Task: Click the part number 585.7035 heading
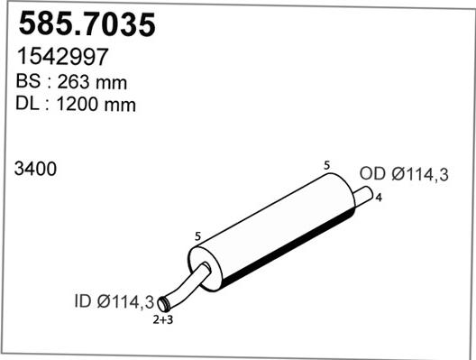click(x=87, y=23)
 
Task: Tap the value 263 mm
click(x=94, y=81)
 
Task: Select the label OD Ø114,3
click(x=404, y=175)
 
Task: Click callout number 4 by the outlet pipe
click(x=378, y=197)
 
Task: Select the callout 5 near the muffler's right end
click(x=326, y=164)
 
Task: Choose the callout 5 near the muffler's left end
click(x=197, y=236)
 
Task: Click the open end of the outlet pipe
click(x=370, y=192)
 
